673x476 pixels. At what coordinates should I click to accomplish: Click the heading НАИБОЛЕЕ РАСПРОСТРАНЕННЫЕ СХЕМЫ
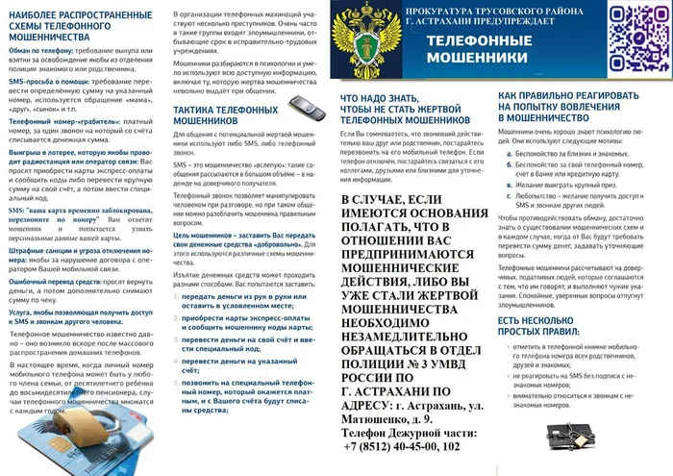coord(73,23)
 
